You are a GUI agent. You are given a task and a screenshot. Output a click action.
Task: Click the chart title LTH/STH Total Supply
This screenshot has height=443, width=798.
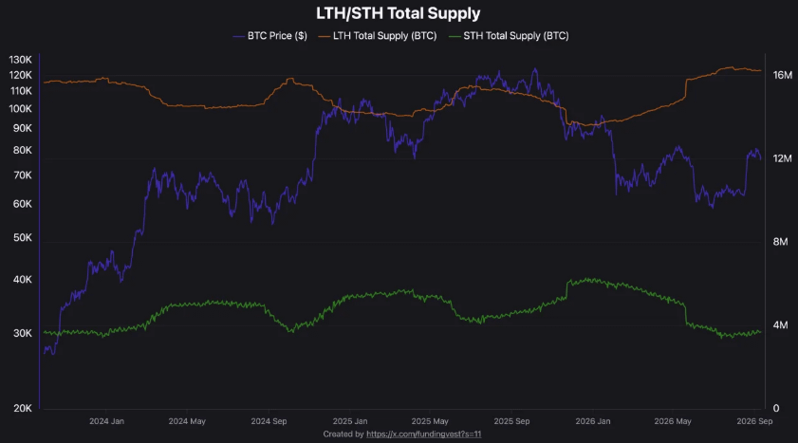[398, 13]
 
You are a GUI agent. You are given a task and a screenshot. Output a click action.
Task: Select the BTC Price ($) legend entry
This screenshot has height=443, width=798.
[270, 36]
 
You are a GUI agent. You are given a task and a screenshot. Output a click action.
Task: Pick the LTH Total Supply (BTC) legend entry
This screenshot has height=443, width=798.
[378, 36]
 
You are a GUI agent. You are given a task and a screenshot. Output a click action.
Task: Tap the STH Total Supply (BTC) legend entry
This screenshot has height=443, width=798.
[509, 36]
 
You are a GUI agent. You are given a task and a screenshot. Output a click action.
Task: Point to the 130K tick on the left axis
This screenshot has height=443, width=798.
[20, 60]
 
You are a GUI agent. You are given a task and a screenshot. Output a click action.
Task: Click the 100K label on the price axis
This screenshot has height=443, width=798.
[20, 109]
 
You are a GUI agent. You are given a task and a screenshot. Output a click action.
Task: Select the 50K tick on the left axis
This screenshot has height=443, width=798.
[23, 238]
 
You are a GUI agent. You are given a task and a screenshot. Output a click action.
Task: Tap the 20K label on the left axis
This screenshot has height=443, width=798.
[23, 409]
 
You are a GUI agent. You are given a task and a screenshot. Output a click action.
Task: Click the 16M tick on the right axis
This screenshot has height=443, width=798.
[783, 75]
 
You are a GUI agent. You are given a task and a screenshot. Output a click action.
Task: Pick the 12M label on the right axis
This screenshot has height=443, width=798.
[782, 158]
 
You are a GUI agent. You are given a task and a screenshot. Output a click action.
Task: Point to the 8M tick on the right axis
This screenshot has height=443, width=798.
[780, 242]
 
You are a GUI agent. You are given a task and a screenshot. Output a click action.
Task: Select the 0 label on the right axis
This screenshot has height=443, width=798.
[776, 408]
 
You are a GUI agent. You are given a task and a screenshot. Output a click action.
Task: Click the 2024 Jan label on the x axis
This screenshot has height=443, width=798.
[106, 421]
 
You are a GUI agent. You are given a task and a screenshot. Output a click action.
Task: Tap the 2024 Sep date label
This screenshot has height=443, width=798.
[269, 421]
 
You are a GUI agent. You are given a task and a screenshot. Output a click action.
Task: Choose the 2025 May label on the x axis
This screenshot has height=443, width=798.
[430, 421]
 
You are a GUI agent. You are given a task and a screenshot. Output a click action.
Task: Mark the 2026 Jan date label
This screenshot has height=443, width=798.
[593, 421]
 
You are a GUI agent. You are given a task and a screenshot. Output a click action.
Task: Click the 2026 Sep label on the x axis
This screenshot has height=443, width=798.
[754, 421]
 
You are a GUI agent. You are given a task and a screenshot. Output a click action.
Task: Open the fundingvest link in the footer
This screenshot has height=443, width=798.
[424, 434]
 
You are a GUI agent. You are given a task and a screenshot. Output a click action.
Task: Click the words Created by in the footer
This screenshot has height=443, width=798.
[343, 434]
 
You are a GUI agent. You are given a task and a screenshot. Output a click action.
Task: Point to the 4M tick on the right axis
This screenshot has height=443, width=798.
[780, 325]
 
